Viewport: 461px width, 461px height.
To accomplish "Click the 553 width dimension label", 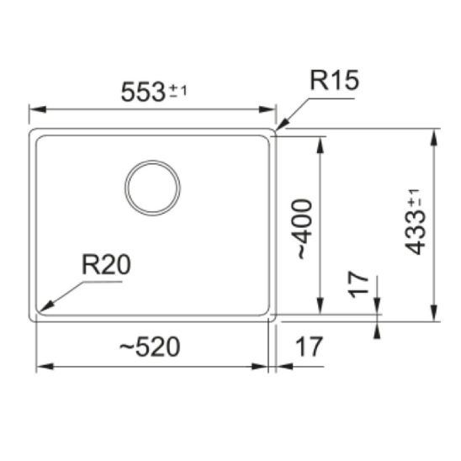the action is [143, 92].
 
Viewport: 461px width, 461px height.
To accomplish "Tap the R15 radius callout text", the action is [334, 80].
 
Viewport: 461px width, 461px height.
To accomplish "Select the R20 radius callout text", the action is [106, 265].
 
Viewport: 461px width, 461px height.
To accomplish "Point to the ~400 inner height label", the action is [305, 230].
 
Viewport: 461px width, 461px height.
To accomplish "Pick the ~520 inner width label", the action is [150, 347].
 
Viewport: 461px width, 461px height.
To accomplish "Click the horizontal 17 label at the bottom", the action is [309, 347].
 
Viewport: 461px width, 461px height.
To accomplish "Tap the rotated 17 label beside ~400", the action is [358, 284].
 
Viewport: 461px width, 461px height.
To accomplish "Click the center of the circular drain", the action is [152, 188].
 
